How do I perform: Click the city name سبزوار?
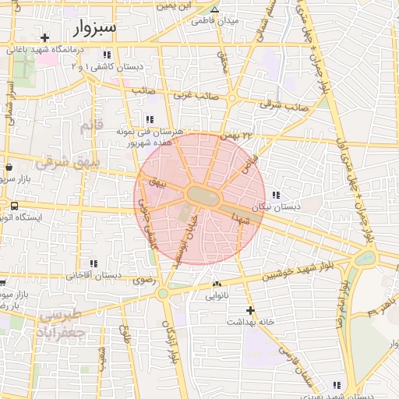(x=97, y=29)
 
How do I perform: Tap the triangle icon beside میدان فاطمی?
(x=214, y=9)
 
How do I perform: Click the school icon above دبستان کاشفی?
(x=107, y=55)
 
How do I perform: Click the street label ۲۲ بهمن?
(x=238, y=136)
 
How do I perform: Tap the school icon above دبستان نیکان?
(x=275, y=195)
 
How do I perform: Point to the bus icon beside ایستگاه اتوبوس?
(x=15, y=206)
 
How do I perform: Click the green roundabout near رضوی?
(x=162, y=294)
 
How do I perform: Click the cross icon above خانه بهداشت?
(x=249, y=310)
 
